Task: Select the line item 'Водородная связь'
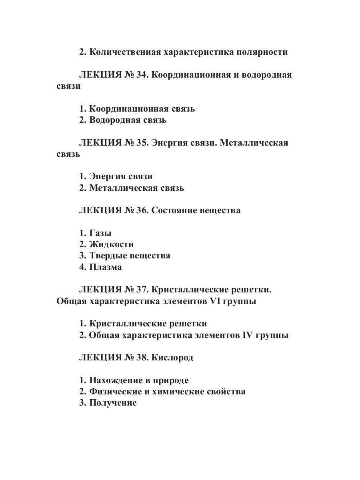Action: [128, 120]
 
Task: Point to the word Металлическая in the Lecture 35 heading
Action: [254, 143]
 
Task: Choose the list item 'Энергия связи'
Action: [121, 176]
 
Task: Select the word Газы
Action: [100, 233]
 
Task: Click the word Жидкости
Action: [112, 244]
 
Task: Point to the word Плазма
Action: [106, 267]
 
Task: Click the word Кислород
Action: [172, 358]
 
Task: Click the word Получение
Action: [113, 403]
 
